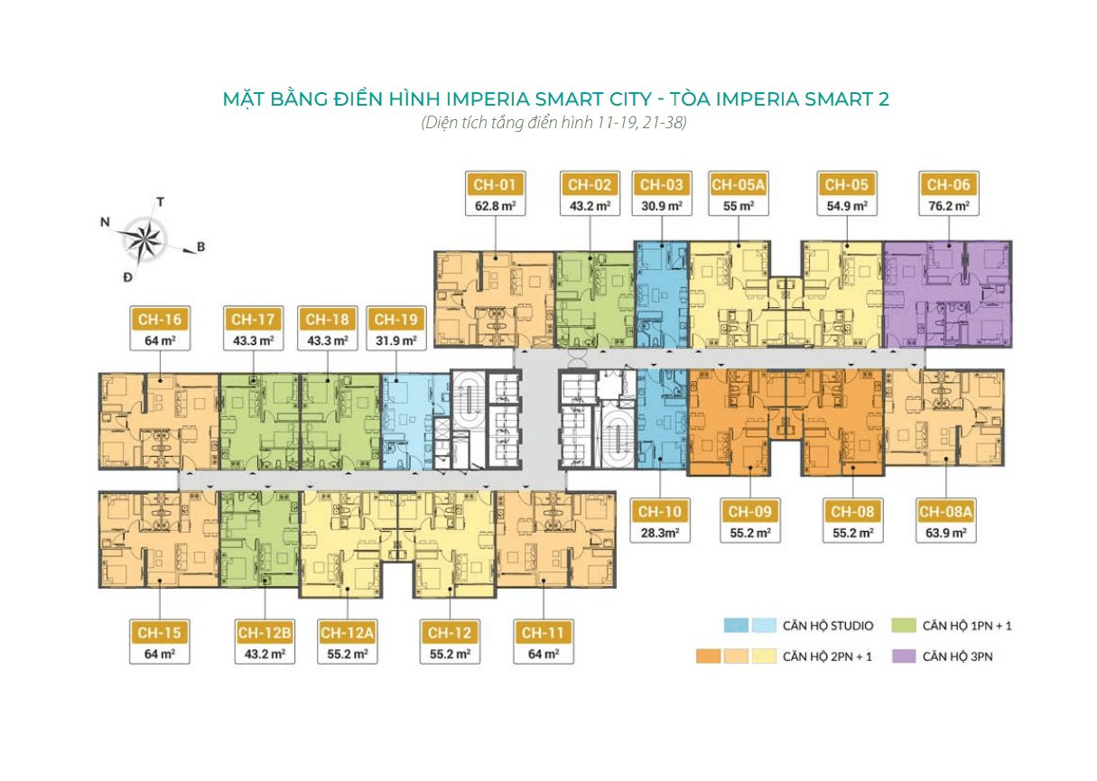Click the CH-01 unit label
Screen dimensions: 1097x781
pyautogui.click(x=496, y=185)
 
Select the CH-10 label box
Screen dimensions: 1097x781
pyautogui.click(x=660, y=512)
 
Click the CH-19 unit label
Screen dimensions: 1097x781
pyautogui.click(x=395, y=320)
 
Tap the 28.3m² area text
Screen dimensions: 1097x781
pyautogui.click(x=660, y=533)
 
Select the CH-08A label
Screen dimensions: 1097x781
pyautogui.click(x=944, y=512)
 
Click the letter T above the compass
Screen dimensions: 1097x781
pyautogui.click(x=160, y=202)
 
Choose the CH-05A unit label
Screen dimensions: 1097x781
pyautogui.click(x=739, y=185)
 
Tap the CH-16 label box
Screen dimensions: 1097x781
pyautogui.click(x=160, y=320)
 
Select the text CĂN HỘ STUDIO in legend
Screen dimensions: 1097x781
pyautogui.click(x=827, y=625)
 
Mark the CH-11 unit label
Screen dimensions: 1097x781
pyautogui.click(x=544, y=633)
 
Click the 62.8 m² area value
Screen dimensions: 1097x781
pyautogui.click(x=496, y=207)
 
